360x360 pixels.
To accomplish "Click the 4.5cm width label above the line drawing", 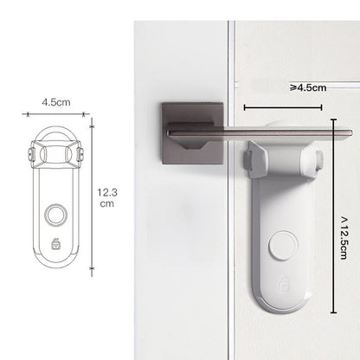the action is tap(56, 102).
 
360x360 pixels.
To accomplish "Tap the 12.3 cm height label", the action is tap(107, 198).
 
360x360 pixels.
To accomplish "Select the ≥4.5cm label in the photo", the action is tap(308, 87).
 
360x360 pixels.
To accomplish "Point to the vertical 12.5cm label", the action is tap(344, 238).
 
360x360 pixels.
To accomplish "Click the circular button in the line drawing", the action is tap(56, 215).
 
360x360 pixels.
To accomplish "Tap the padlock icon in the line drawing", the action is tap(56, 244).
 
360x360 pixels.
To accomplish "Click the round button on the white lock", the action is tap(283, 245).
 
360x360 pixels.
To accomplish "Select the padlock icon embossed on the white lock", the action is tap(284, 285).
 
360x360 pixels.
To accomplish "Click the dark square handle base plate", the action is tap(193, 133).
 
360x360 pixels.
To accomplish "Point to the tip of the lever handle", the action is tap(352, 133).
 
